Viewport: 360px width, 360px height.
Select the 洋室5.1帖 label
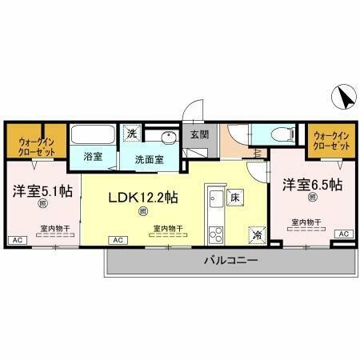click(x=41, y=191)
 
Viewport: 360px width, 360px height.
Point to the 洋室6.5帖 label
click(x=311, y=184)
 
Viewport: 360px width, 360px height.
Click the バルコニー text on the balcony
click(x=229, y=261)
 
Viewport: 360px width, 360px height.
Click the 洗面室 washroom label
click(x=149, y=158)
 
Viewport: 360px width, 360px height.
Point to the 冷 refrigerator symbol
click(x=257, y=235)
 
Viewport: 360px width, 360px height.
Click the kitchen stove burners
click(x=214, y=234)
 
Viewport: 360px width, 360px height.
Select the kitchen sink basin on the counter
click(x=214, y=198)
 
